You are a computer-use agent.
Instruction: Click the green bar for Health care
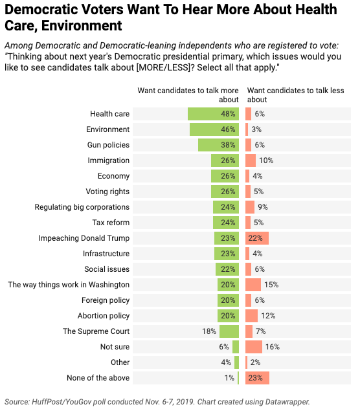pyautogui.click(x=213, y=114)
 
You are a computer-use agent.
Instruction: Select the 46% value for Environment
pyautogui.click(x=228, y=129)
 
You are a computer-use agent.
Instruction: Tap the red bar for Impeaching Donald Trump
pyautogui.click(x=257, y=238)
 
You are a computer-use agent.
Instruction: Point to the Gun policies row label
pyautogui.click(x=108, y=145)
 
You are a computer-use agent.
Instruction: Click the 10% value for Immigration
pyautogui.click(x=266, y=160)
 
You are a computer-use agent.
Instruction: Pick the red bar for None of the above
pyautogui.click(x=257, y=378)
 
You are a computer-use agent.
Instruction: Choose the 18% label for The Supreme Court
pyautogui.click(x=209, y=331)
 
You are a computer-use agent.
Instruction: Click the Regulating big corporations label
pyautogui.click(x=82, y=207)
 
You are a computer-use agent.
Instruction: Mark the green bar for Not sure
pyautogui.click(x=236, y=347)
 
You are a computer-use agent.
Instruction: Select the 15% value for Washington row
pyautogui.click(x=271, y=285)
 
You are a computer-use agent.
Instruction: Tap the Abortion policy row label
pyautogui.click(x=104, y=316)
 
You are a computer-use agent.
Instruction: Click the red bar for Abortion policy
pyautogui.click(x=251, y=316)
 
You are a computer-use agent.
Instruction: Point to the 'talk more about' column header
pyautogui.click(x=188, y=95)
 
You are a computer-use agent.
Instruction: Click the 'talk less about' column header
pyautogui.click(x=295, y=95)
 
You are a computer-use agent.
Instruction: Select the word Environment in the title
pyautogui.click(x=82, y=26)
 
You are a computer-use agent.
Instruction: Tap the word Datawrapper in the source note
pyautogui.click(x=287, y=402)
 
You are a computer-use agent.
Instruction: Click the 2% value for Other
pyautogui.click(x=255, y=362)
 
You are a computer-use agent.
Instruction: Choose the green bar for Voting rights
pyautogui.click(x=225, y=192)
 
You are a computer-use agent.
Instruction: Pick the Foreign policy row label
pyautogui.click(x=106, y=300)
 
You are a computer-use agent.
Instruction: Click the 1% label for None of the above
pyautogui.click(x=229, y=378)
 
